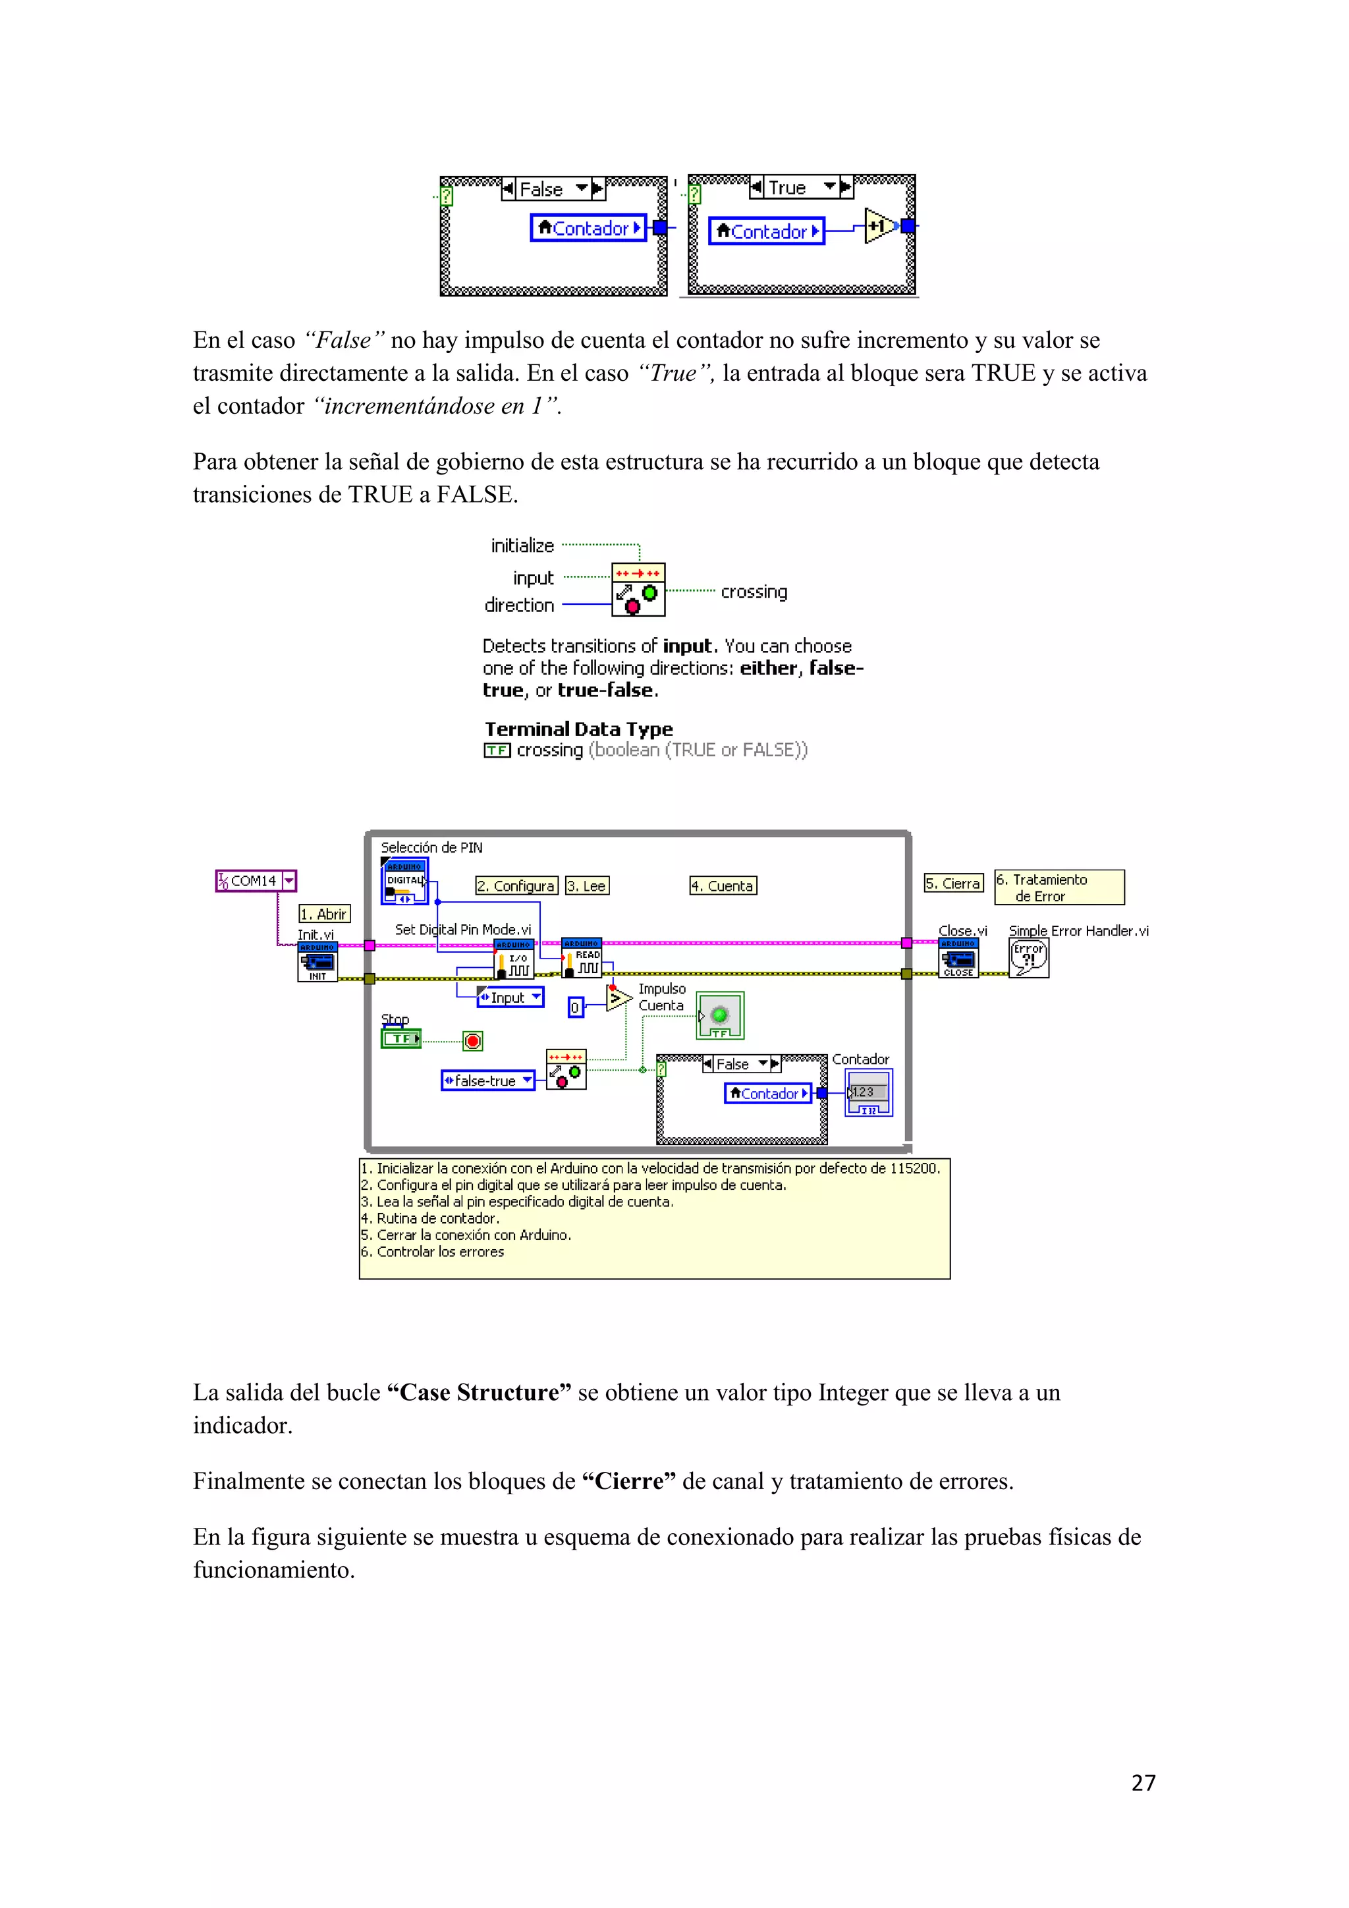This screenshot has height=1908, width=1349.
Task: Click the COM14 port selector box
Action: [256, 880]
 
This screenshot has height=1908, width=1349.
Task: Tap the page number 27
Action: [1143, 1783]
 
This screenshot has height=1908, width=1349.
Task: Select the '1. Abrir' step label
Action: [324, 914]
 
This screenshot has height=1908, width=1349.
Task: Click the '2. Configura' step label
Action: [516, 886]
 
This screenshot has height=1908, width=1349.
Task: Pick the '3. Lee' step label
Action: [586, 886]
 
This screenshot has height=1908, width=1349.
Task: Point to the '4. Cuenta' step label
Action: [723, 886]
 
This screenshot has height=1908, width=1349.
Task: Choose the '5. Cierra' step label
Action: [952, 884]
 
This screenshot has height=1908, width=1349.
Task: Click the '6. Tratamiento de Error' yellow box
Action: [1059, 887]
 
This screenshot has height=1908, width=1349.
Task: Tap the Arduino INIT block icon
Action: [317, 963]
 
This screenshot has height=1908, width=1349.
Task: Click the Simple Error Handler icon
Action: [1028, 958]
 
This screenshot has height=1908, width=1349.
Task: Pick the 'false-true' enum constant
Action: [487, 1080]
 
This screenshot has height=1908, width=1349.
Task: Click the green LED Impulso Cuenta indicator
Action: [719, 1015]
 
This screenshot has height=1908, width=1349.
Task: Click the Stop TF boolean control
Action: [401, 1039]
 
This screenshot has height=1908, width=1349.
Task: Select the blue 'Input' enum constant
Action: [510, 997]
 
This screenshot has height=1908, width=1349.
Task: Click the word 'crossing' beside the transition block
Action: [754, 592]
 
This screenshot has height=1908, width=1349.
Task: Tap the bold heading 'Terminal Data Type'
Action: [578, 729]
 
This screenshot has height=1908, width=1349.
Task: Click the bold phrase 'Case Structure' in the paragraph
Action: [480, 1392]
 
